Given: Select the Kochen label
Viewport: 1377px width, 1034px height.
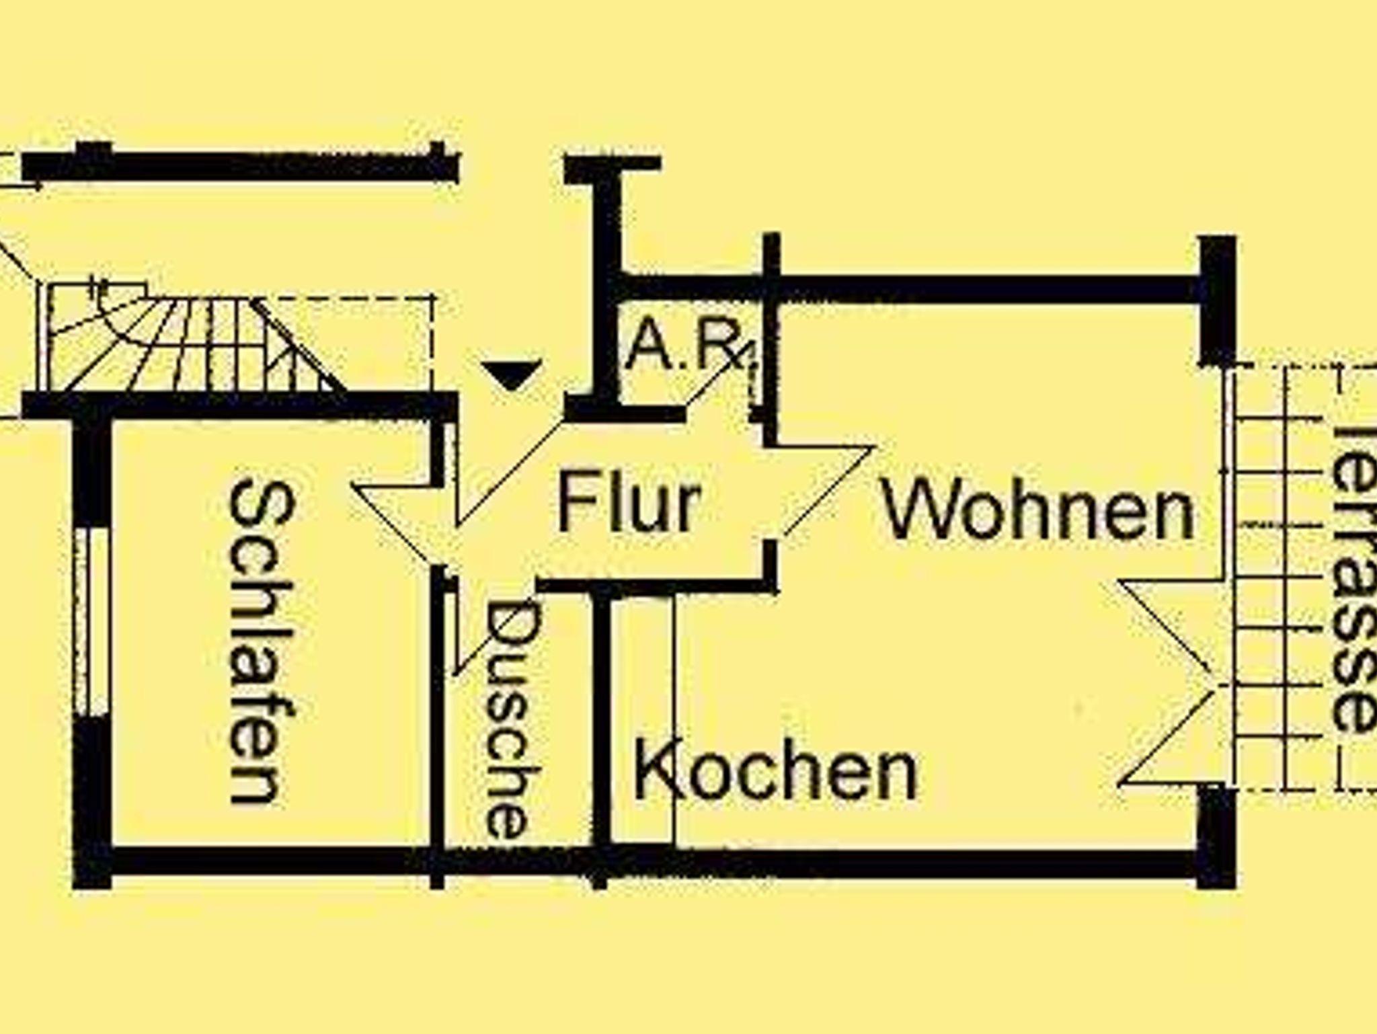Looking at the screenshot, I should (x=775, y=770).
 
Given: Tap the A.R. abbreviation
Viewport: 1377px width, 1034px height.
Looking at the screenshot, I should (x=686, y=346).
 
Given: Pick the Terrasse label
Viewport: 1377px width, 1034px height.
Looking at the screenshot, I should (x=1351, y=578).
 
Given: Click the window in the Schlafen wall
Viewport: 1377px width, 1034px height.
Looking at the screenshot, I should (x=91, y=622).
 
